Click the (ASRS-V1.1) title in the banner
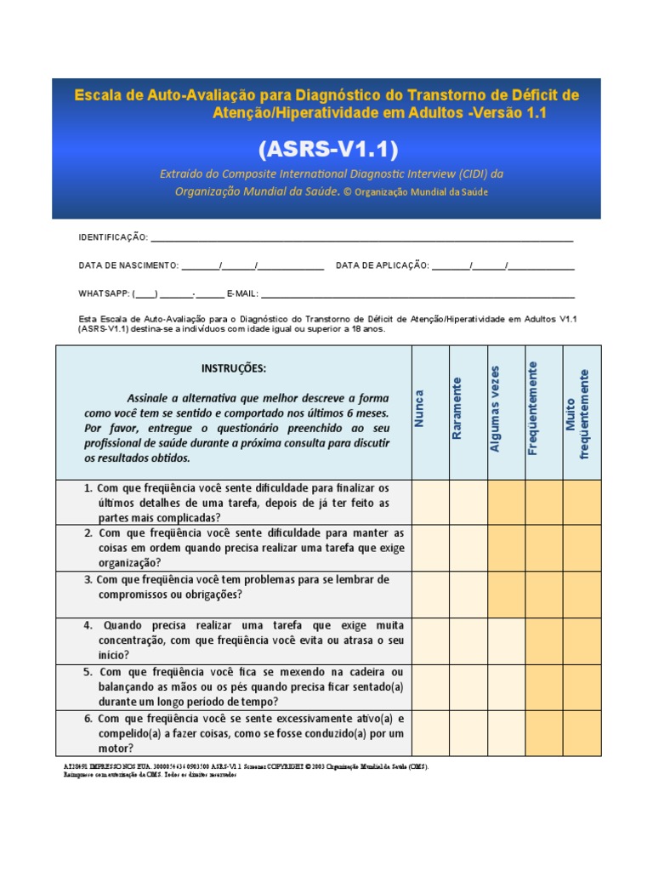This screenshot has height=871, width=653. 327,149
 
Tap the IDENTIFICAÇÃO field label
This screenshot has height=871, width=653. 113,237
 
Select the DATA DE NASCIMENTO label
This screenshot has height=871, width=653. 128,265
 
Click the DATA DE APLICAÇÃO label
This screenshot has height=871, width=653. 383,265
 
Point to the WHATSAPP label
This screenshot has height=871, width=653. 103,293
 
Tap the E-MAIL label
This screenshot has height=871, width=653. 242,293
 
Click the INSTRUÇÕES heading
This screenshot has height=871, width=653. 233,368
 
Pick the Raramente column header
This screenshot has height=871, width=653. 457,408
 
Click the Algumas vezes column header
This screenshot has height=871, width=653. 495,408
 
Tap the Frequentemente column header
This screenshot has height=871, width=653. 532,408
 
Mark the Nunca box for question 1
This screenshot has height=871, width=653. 430,502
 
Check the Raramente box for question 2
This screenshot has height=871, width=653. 468,548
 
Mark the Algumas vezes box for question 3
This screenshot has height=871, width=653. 506,594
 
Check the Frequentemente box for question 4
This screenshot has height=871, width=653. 544,640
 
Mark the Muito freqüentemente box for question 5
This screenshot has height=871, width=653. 582,687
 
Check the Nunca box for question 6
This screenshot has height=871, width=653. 430,732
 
